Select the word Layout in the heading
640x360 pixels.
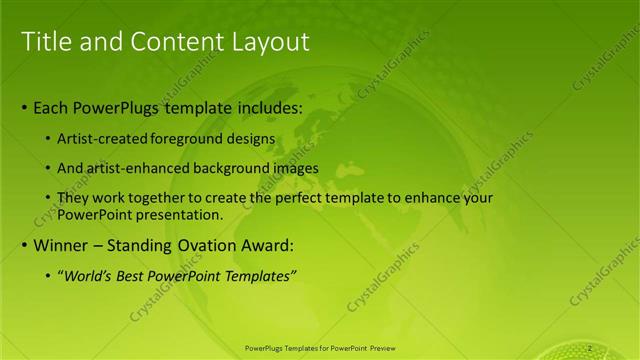(269, 41)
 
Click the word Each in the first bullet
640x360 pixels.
(53, 107)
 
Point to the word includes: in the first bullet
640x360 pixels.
(259, 107)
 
